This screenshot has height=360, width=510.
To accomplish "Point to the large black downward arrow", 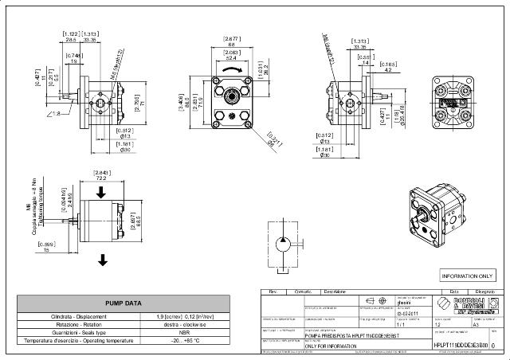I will coord(104,259).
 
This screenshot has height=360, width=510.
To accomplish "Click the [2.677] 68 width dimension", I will coord(232,41).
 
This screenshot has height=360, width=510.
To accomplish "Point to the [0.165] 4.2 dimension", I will coord(389,67).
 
